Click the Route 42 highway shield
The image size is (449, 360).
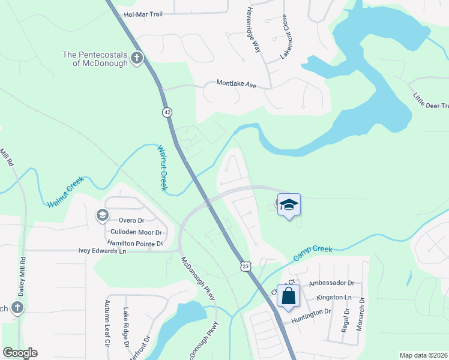[x=166, y=112]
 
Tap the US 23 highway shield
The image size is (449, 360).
[x=245, y=266]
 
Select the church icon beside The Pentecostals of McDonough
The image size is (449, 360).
[x=137, y=59]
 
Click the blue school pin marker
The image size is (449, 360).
[x=289, y=205]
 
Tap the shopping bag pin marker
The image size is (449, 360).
[x=289, y=296]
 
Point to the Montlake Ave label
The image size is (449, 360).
[x=237, y=85]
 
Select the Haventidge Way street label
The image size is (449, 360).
[x=254, y=29]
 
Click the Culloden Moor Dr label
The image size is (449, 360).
[x=137, y=232]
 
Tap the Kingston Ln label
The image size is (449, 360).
[x=334, y=298]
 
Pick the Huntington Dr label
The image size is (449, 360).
[x=311, y=313]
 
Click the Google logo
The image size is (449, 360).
[x=20, y=353]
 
